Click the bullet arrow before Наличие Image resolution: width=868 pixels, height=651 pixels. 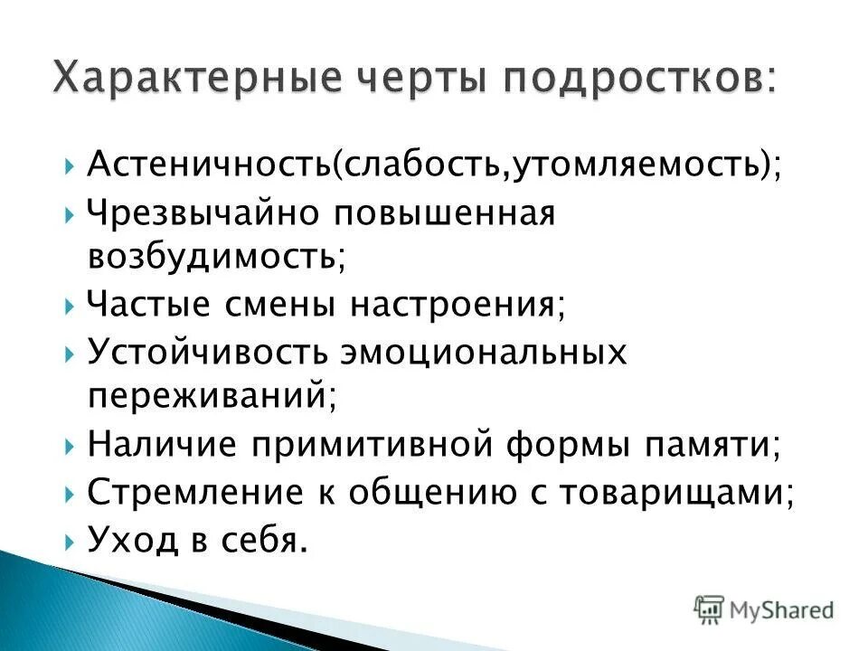coord(71,446)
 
